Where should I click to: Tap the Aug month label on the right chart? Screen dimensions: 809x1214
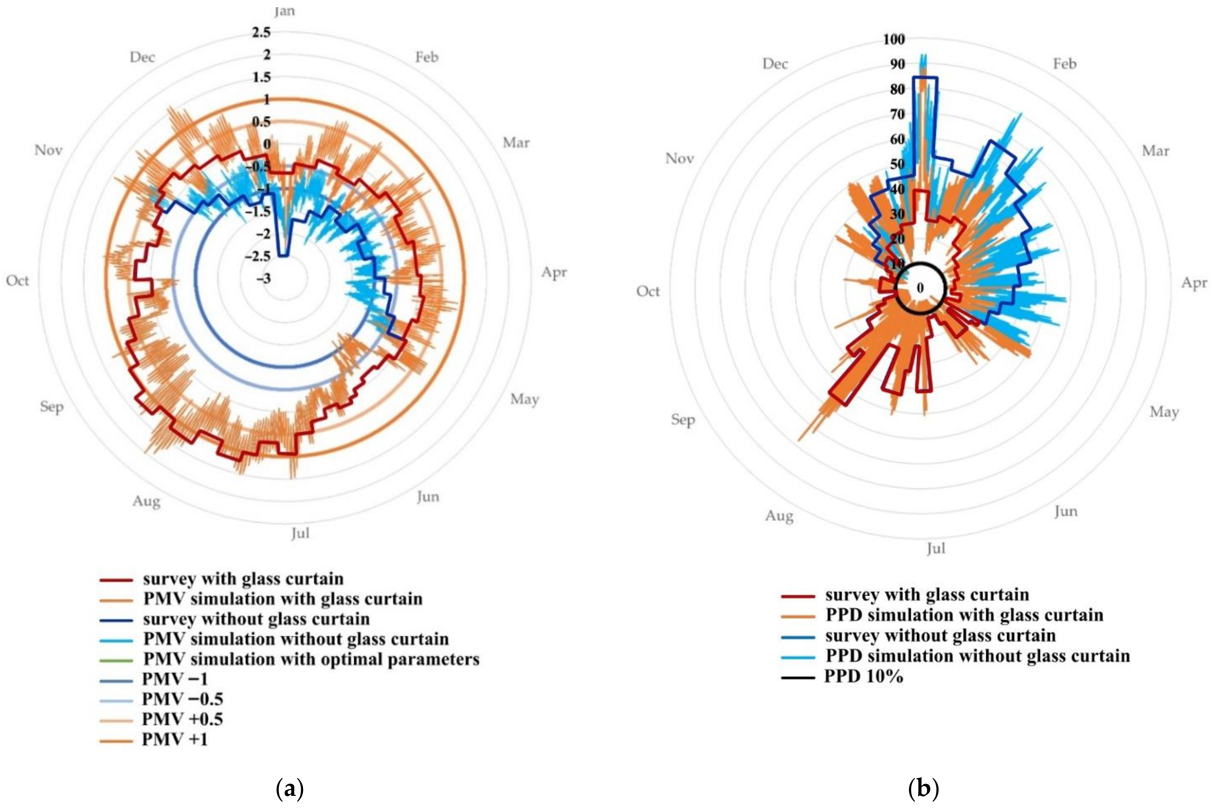(779, 516)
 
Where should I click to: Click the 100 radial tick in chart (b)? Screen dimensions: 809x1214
(894, 40)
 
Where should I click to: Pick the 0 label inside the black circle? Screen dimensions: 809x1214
(920, 288)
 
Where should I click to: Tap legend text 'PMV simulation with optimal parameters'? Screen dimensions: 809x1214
(311, 659)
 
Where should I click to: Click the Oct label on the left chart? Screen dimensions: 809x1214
(17, 281)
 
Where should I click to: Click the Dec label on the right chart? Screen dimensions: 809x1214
(775, 64)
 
